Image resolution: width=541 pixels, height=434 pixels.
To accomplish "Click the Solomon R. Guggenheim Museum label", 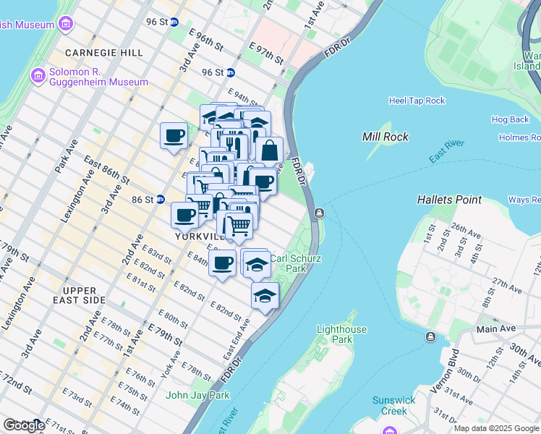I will click(98, 77).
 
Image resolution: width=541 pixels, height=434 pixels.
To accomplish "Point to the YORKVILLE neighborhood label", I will click(197, 236).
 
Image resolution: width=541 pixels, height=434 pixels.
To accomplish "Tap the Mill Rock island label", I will click(385, 137).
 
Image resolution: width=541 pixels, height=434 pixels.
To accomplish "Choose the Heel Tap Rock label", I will click(417, 101).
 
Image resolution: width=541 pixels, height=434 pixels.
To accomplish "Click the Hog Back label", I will click(510, 119).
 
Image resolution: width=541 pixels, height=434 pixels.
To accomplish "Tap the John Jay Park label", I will click(197, 395).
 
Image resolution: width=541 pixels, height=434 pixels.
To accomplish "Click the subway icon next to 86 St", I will click(160, 199).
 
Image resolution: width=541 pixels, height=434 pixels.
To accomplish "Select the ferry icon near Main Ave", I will click(430, 337).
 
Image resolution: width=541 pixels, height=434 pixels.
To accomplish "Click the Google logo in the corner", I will click(23, 425).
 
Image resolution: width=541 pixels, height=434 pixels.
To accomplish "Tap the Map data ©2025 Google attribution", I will click(496, 428).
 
